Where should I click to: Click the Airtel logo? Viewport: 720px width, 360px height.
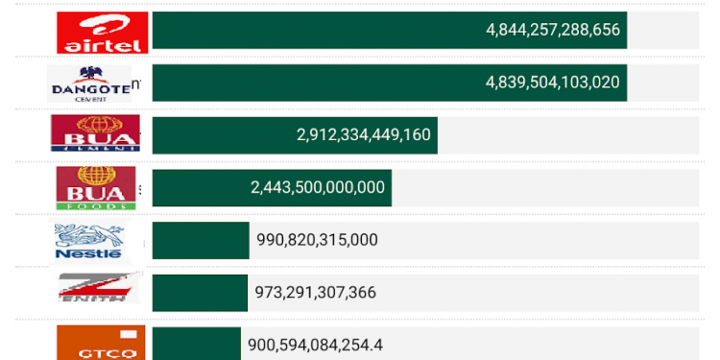click(x=102, y=32)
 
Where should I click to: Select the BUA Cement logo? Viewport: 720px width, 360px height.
click(x=95, y=134)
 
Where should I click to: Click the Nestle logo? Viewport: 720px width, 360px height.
click(x=89, y=240)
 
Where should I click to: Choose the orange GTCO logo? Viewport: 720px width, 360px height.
click(x=101, y=343)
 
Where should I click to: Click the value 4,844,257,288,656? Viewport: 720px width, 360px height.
click(x=554, y=30)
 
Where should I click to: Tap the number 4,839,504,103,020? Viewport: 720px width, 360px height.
click(x=554, y=82)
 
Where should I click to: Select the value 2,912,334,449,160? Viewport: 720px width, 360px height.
click(x=364, y=134)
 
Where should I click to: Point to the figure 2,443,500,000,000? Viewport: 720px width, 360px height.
click(x=318, y=187)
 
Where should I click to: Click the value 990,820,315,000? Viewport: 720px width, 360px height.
click(x=317, y=240)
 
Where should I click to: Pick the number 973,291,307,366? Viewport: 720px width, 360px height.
click(x=315, y=292)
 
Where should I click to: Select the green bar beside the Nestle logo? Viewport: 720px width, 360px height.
click(x=200, y=240)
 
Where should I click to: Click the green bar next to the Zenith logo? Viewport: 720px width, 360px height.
click(x=200, y=292)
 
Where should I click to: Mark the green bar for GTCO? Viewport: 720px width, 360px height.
click(x=196, y=344)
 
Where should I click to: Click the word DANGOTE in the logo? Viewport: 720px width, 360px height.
click(x=89, y=90)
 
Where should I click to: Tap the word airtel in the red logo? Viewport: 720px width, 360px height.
click(x=102, y=44)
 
